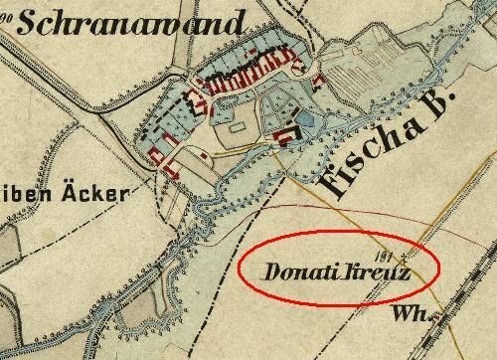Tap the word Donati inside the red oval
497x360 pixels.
point(296,270)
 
